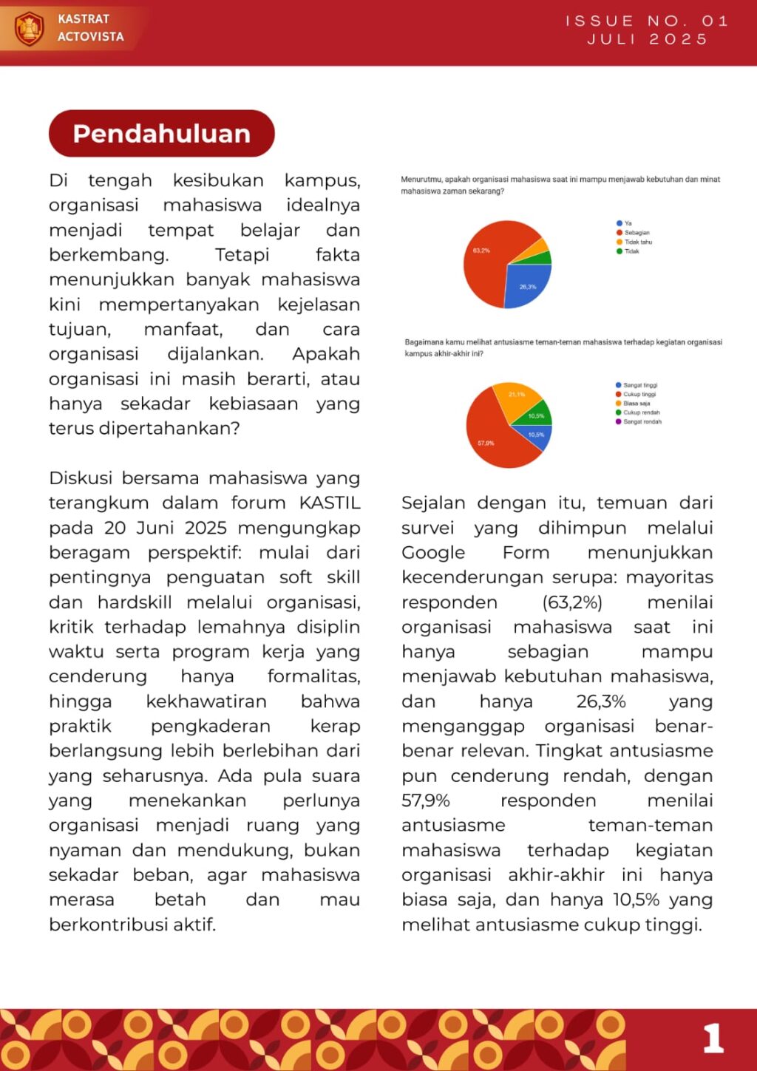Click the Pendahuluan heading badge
(x=161, y=134)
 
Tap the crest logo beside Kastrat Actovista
(x=30, y=28)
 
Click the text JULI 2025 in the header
(x=648, y=39)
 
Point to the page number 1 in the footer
(x=713, y=1038)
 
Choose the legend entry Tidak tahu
(x=638, y=242)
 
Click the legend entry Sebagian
(x=637, y=232)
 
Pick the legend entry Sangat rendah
(x=642, y=422)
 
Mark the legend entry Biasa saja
(x=637, y=404)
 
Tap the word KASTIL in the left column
(x=330, y=503)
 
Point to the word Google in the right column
(x=433, y=553)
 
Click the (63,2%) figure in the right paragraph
(x=572, y=602)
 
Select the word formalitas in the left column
(x=313, y=676)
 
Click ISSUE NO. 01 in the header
(x=648, y=21)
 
